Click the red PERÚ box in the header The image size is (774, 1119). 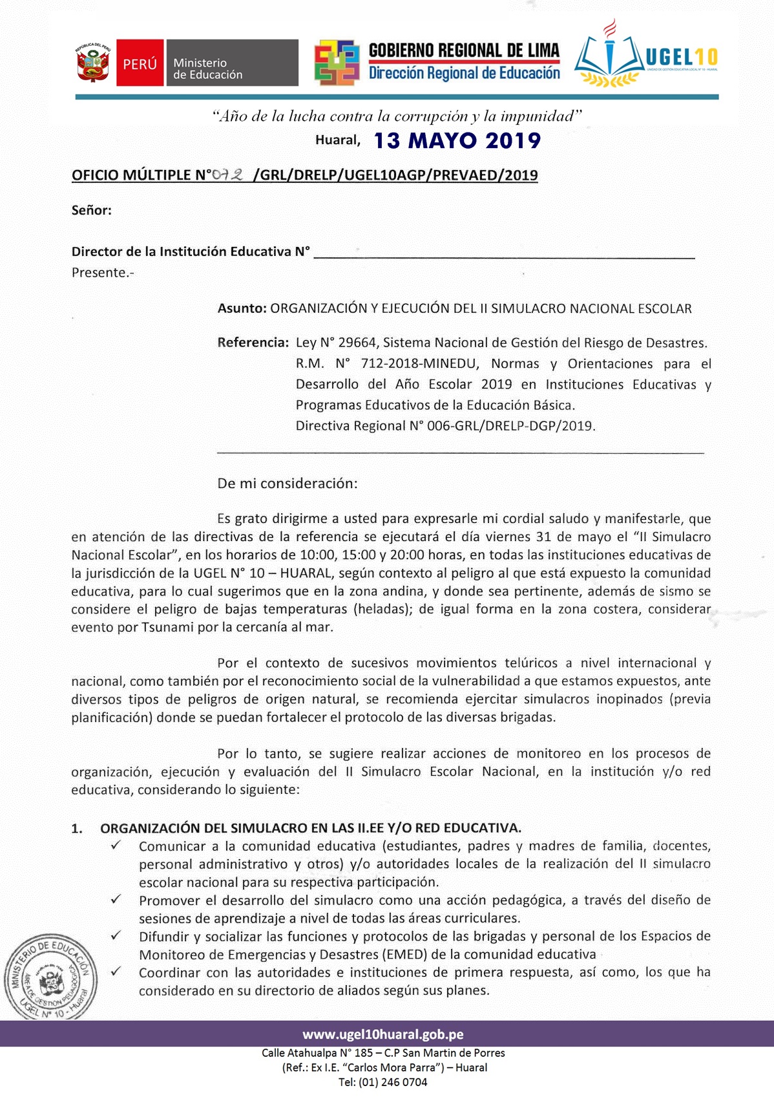pyautogui.click(x=140, y=63)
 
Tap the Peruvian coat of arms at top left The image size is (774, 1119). pyautogui.click(x=93, y=63)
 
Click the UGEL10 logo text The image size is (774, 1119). pyautogui.click(x=682, y=57)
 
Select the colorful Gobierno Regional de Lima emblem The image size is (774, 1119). pyautogui.click(x=337, y=63)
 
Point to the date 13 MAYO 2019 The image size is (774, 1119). pyautogui.click(x=457, y=140)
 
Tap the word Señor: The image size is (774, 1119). pyautogui.click(x=92, y=210)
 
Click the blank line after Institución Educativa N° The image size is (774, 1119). pyautogui.click(x=504, y=253)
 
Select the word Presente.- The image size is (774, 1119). pyautogui.click(x=103, y=273)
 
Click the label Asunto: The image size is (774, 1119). pyautogui.click(x=242, y=308)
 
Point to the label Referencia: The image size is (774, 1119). pyautogui.click(x=253, y=343)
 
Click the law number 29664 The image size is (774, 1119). pyautogui.click(x=357, y=343)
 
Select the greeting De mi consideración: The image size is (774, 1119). pyautogui.click(x=287, y=484)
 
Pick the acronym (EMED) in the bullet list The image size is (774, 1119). pyautogui.click(x=404, y=954)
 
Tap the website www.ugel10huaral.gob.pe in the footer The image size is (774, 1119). pyautogui.click(x=383, y=1034)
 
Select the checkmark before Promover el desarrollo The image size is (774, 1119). pyautogui.click(x=116, y=899)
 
